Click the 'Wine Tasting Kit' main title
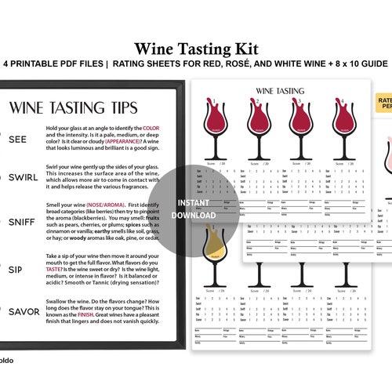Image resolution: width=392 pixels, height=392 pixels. [196, 48]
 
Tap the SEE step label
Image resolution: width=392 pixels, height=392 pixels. [18, 139]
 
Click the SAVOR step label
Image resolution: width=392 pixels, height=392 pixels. [24, 311]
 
